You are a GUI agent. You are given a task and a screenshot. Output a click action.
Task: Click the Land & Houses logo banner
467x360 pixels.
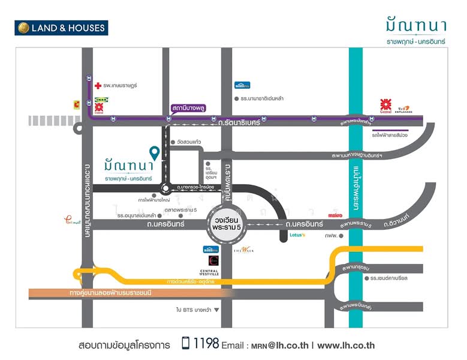tap(61, 28)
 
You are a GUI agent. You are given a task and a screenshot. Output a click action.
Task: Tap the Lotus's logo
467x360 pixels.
tap(297, 235)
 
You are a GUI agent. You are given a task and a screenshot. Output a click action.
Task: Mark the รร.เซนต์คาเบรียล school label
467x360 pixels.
tap(393, 278)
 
